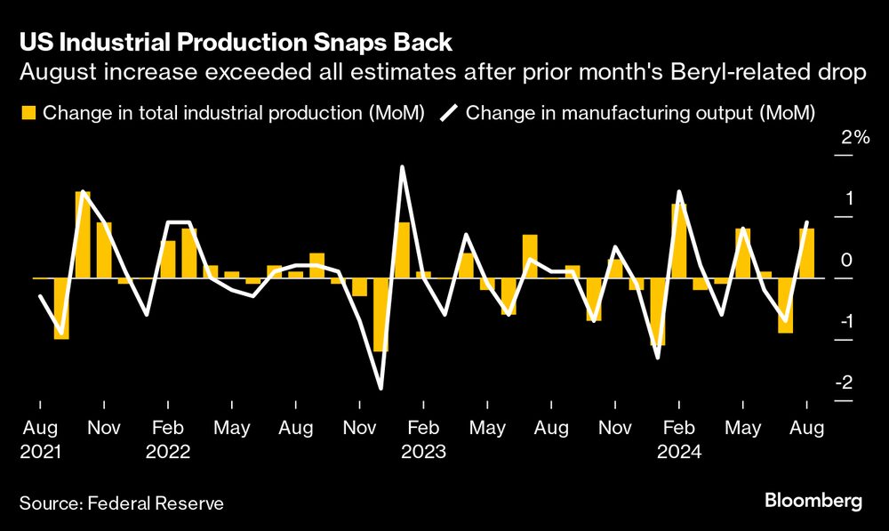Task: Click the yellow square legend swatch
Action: [28, 113]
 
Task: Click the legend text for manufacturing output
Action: [640, 113]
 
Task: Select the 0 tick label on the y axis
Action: [846, 260]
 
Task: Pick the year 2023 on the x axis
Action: [423, 451]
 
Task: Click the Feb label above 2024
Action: [679, 429]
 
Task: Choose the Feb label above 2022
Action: [168, 429]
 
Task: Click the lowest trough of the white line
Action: [380, 388]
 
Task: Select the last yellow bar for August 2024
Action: [806, 253]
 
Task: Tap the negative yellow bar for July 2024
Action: [785, 306]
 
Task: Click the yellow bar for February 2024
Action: [679, 241]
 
